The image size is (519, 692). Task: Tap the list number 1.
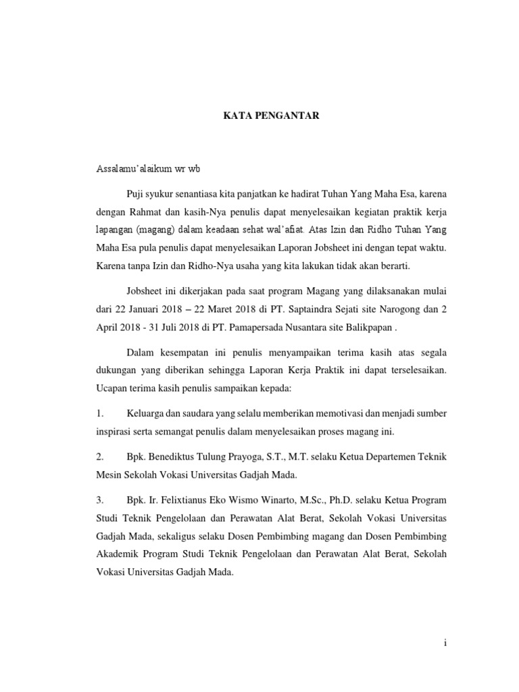tap(100, 413)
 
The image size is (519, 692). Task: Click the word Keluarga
tap(147, 413)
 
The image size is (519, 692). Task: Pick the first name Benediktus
tap(175, 458)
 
